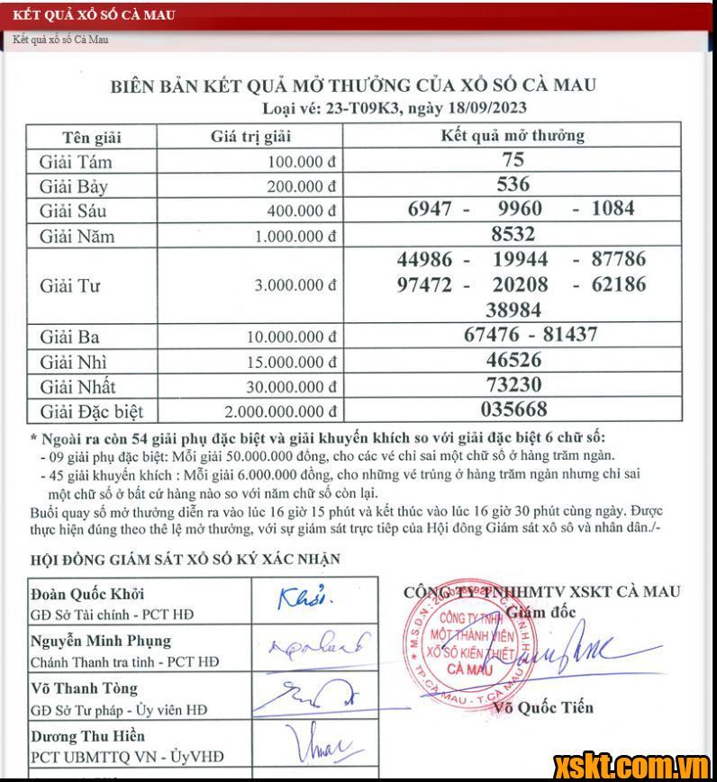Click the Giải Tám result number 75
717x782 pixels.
(x=513, y=160)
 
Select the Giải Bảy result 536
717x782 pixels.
(x=513, y=184)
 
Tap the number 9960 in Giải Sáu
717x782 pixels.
(x=520, y=209)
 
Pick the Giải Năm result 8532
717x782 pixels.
(x=513, y=234)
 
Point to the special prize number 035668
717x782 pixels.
(x=513, y=409)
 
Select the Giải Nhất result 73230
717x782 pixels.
(x=513, y=385)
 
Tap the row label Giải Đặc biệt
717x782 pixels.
(x=91, y=412)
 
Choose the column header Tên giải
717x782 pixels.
(x=91, y=138)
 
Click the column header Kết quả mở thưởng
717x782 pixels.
(x=513, y=136)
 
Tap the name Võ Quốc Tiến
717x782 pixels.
(x=543, y=707)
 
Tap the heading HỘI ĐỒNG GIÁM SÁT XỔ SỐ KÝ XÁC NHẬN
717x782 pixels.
(x=186, y=559)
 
